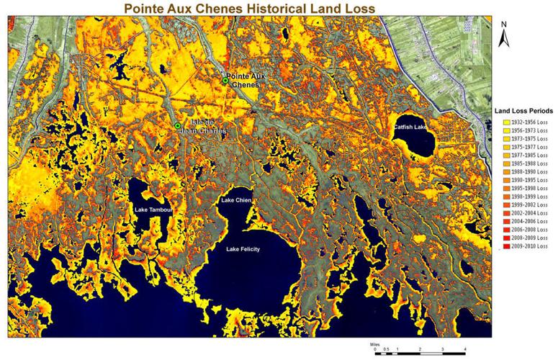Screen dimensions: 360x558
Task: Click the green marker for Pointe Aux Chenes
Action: point(225,81)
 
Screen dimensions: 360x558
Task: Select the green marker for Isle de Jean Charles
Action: point(177,126)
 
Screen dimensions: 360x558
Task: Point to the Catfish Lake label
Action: point(410,127)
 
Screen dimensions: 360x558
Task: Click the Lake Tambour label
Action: point(154,210)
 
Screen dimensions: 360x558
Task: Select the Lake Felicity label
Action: point(243,249)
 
